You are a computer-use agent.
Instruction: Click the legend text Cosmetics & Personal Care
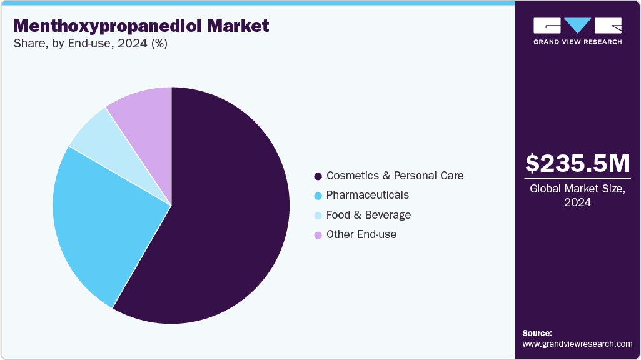pos(395,176)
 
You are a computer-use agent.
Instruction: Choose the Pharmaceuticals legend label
pos(367,195)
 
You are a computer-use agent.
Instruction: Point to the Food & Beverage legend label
pos(368,215)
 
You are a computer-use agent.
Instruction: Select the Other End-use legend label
pos(361,234)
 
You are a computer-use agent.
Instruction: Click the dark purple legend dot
pos(318,176)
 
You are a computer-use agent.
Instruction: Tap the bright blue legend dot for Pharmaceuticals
pos(318,196)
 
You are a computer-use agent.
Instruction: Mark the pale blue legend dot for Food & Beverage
pos(318,216)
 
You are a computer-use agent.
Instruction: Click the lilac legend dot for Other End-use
pos(318,235)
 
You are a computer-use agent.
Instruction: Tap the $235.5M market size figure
pos(577,163)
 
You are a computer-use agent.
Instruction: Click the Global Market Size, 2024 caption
pos(577,196)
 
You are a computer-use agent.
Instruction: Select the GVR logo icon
pos(577,26)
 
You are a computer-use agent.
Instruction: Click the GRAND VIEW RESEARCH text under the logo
pos(577,42)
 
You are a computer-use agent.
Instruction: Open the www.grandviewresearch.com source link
pos(577,344)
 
